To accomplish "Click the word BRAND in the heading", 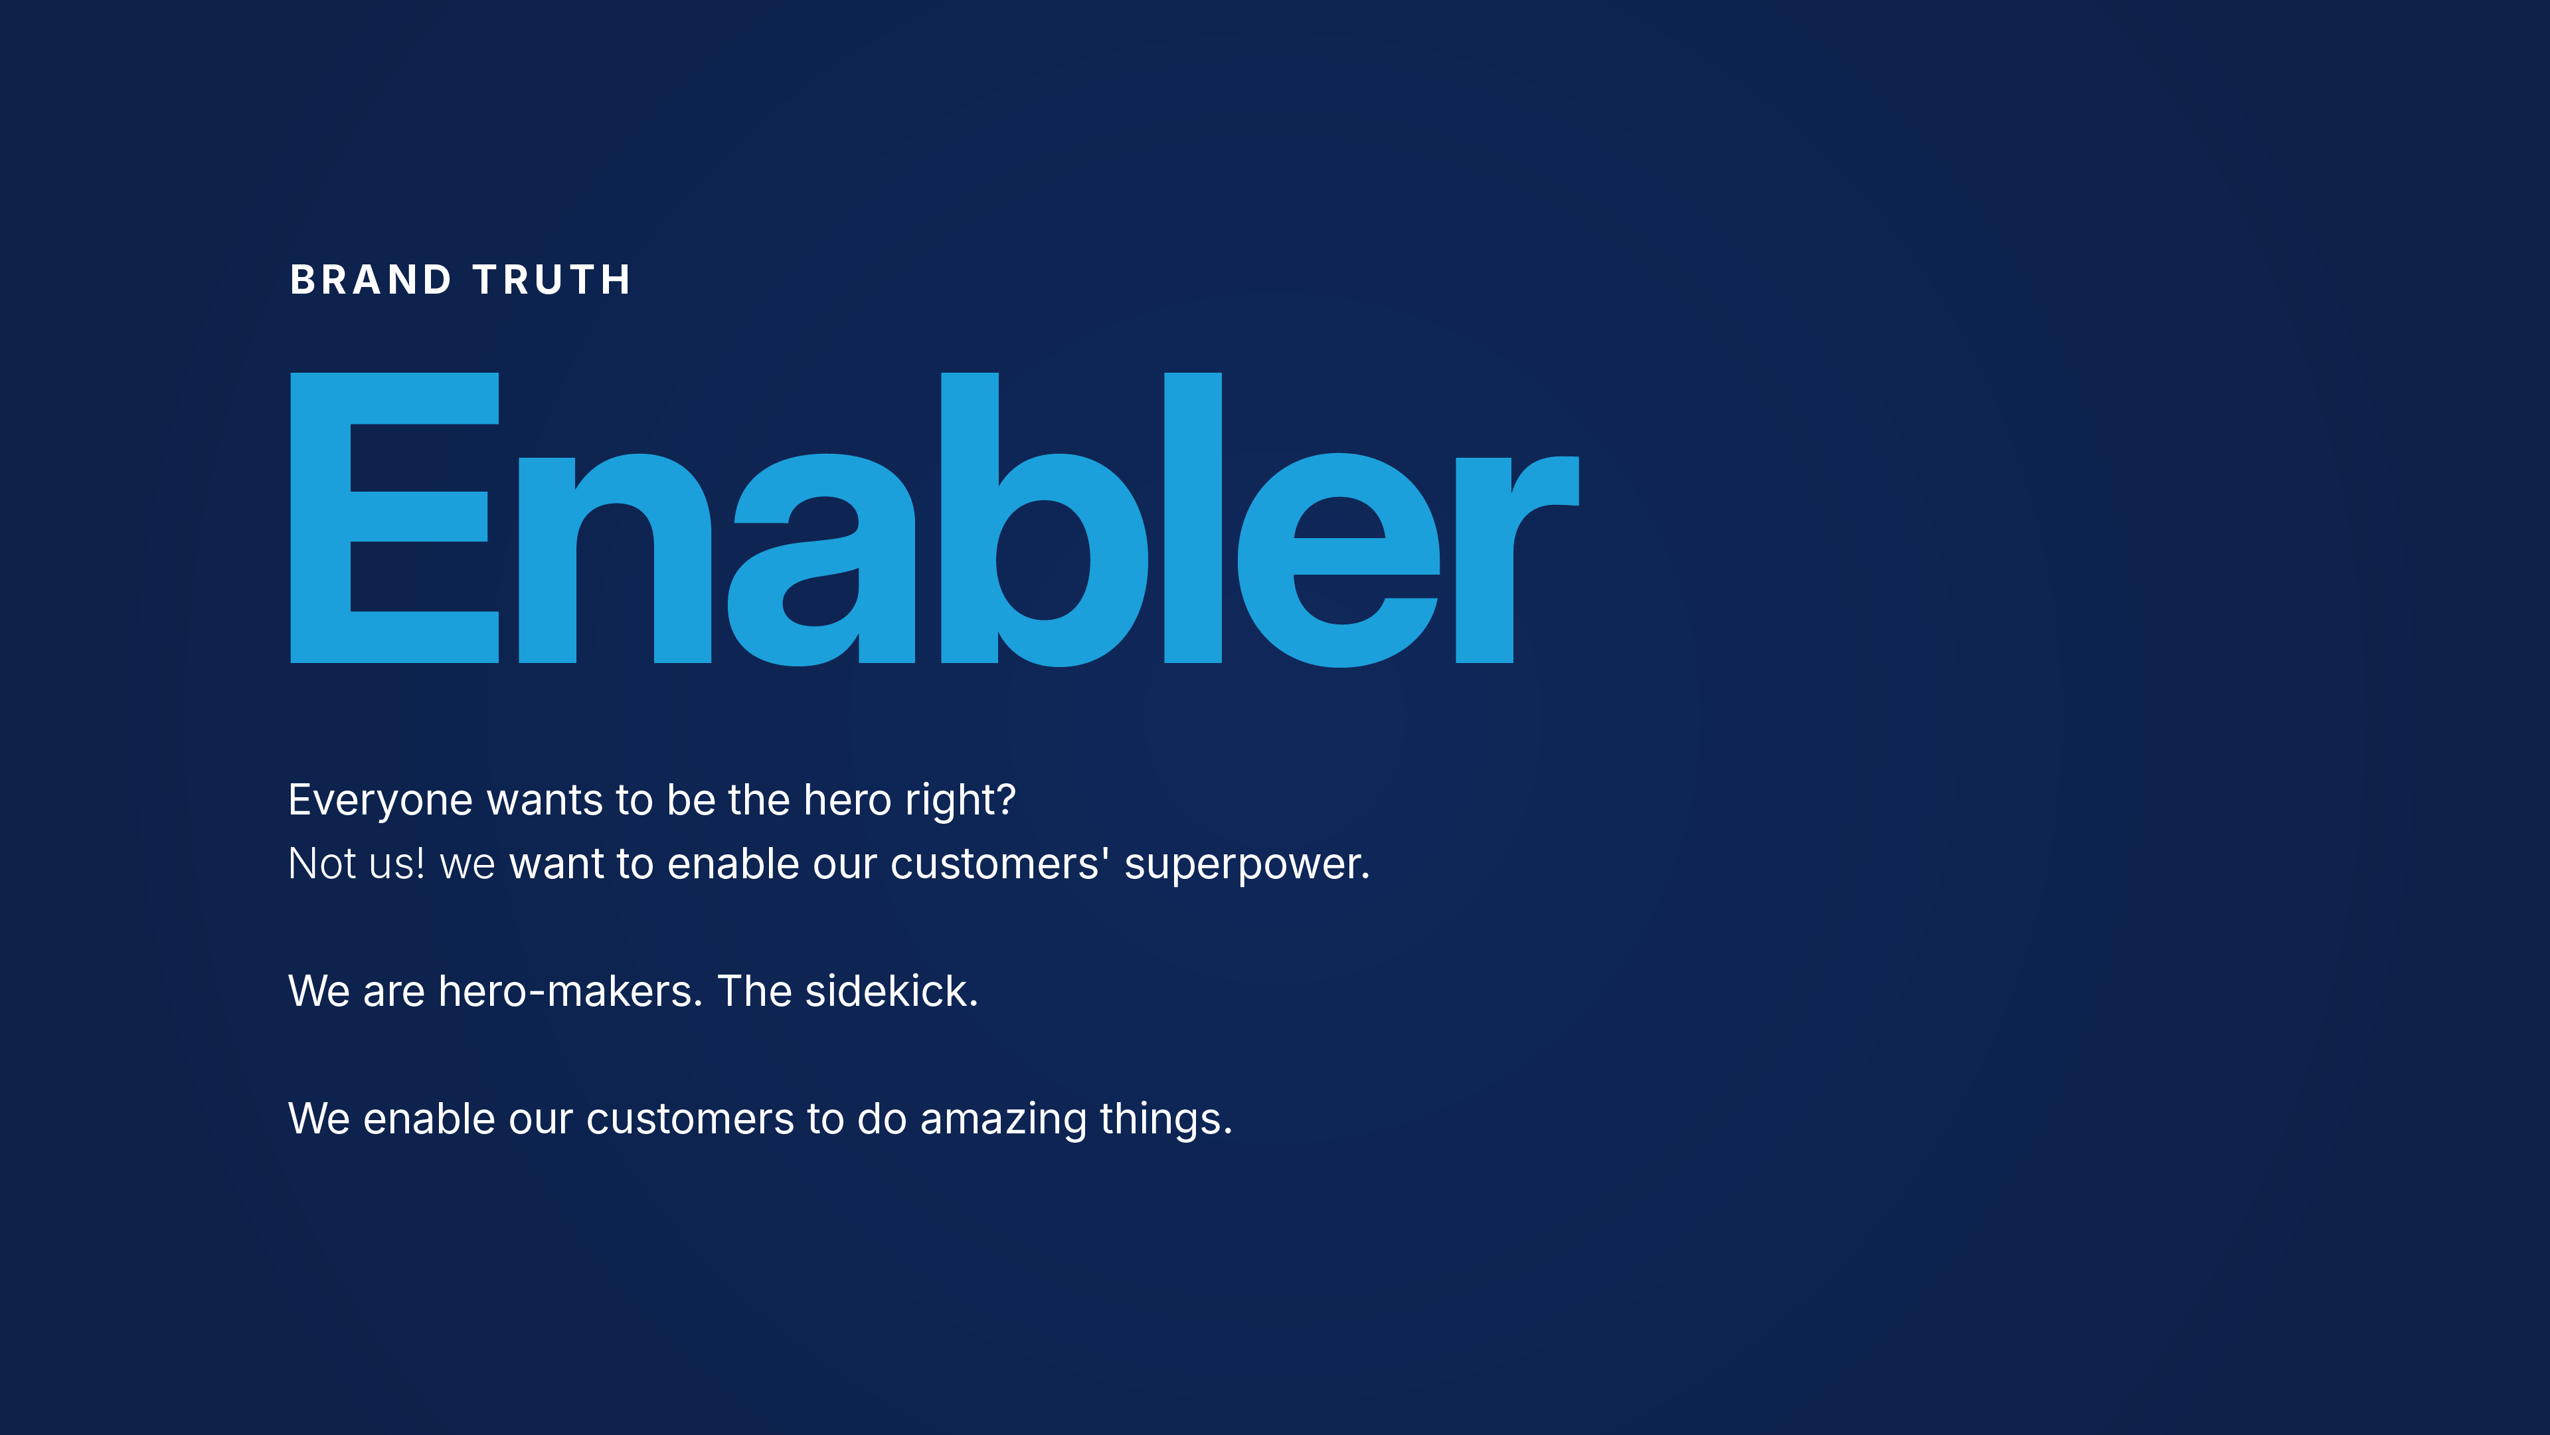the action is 371,280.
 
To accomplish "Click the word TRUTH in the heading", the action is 551,280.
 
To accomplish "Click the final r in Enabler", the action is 1517,559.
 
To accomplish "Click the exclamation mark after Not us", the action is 420,862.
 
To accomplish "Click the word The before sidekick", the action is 754,991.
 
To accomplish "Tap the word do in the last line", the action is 882,1118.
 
